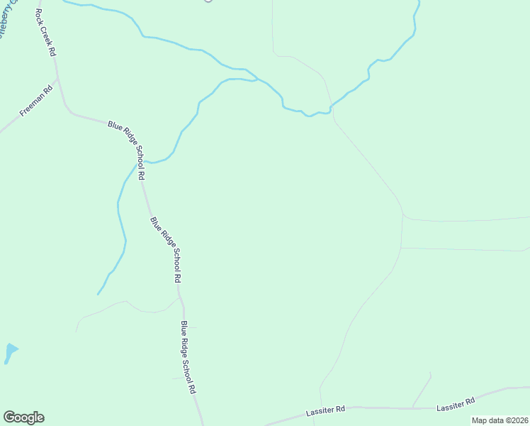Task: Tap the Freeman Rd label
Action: (x=37, y=101)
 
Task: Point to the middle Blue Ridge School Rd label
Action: (x=166, y=250)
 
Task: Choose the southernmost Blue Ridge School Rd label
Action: (x=188, y=357)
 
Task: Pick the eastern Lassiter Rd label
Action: (x=456, y=403)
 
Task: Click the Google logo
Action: (x=23, y=417)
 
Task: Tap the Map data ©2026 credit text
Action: (x=500, y=420)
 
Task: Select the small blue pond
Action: (x=10, y=351)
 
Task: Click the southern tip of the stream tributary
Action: (x=98, y=294)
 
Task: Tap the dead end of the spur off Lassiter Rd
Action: (x=430, y=371)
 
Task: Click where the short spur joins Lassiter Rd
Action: (x=412, y=408)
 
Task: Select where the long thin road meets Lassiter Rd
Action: (x=321, y=411)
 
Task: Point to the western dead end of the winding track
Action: (x=76, y=332)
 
